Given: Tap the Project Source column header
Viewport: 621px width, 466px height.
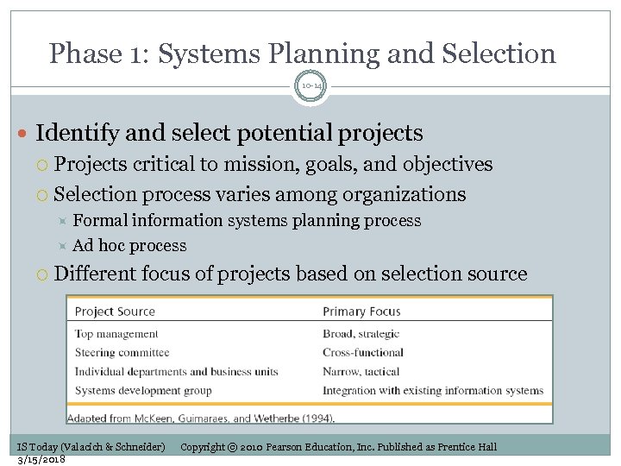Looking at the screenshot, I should [115, 312].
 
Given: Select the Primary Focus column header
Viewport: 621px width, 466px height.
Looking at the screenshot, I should [361, 312].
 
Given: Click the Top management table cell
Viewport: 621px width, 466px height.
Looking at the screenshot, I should [116, 334].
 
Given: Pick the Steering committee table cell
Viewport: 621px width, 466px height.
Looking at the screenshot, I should [122, 352].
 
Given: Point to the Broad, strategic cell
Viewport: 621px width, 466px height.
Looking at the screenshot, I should [361, 334].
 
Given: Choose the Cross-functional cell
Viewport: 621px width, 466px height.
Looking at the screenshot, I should [363, 352].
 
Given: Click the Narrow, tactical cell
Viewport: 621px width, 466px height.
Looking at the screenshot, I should [361, 372].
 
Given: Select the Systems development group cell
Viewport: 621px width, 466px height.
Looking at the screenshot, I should [143, 391].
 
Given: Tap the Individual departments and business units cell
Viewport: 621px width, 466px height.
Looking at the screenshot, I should [176, 372].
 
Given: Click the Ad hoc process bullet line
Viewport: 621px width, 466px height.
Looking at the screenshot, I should [129, 246].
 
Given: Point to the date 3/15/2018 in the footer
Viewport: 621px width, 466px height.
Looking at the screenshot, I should [42, 459].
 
